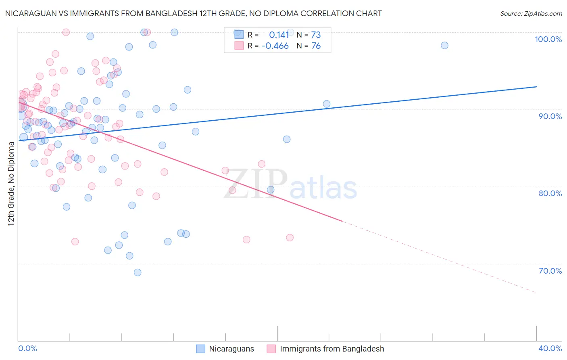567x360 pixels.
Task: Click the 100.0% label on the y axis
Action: [548, 39]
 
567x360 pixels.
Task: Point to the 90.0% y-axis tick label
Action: [550, 116]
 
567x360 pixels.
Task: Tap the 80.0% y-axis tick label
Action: [550, 193]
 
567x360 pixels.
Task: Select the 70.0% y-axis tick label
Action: [550, 271]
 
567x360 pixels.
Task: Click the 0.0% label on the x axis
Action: [27, 348]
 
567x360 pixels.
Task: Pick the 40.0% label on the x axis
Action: [550, 348]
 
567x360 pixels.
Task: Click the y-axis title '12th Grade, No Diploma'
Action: [11, 184]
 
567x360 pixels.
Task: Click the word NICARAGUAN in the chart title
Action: [28, 13]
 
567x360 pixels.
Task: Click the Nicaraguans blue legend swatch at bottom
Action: [200, 349]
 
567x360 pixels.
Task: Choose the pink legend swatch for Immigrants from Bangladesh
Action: [271, 349]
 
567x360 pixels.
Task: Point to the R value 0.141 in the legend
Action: [279, 35]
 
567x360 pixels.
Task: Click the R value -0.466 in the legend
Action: [275, 46]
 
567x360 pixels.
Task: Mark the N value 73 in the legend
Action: [316, 35]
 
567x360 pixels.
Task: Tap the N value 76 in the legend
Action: [316, 46]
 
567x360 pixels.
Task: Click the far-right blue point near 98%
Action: [444, 45]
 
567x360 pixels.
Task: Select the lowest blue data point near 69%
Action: [138, 272]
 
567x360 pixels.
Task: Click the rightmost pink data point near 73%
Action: [290, 238]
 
